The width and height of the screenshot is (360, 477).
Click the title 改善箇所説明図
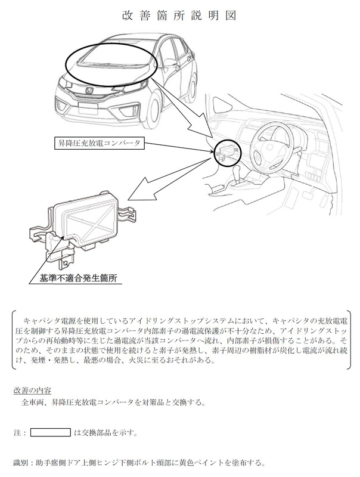pyautogui.click(x=179, y=16)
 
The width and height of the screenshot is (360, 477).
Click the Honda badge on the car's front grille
pyautogui.click(x=89, y=91)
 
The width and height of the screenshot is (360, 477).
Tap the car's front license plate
pyautogui.click(x=88, y=109)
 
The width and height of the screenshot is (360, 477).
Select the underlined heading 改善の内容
pyautogui.click(x=32, y=391)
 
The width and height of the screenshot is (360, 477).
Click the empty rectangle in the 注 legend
pyautogui.click(x=51, y=433)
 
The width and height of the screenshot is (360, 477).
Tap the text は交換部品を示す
pyautogui.click(x=105, y=433)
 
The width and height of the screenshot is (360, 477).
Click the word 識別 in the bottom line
pyautogui.click(x=20, y=463)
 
